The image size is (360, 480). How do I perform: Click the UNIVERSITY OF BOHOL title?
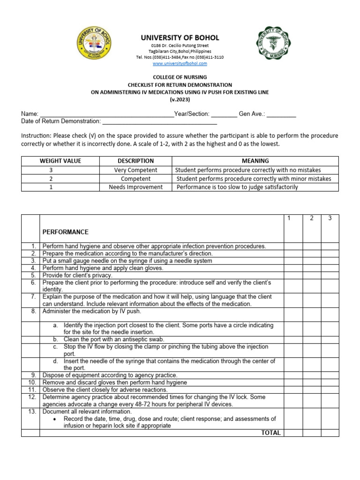(x=180, y=37)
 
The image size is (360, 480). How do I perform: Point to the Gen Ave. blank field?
(x=281, y=114)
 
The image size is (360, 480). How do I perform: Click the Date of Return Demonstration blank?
(x=159, y=122)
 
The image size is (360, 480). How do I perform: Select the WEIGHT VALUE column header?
(x=60, y=161)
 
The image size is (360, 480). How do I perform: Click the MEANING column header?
(x=255, y=161)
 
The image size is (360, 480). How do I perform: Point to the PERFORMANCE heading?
(x=66, y=232)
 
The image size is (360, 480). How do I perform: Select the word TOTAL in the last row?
(x=271, y=433)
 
